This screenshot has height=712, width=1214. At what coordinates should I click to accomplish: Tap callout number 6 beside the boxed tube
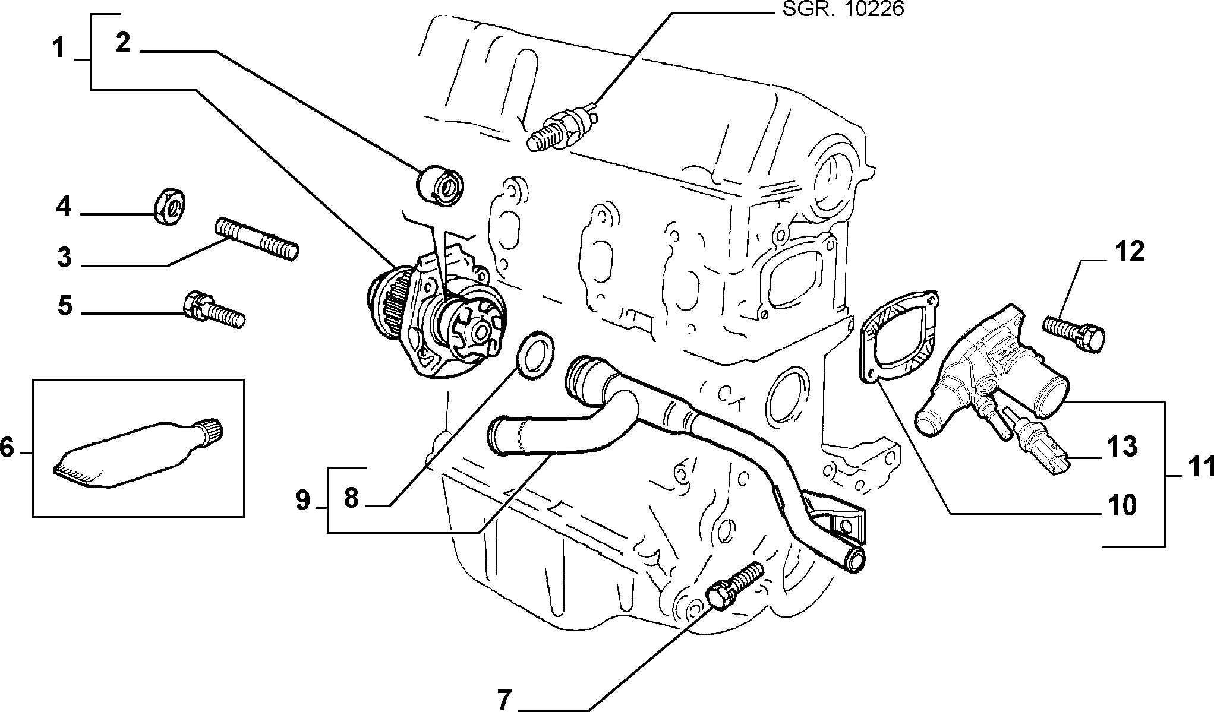(7, 448)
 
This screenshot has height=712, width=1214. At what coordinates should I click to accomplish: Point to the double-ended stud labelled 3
(256, 239)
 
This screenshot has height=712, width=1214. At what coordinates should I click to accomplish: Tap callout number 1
(58, 48)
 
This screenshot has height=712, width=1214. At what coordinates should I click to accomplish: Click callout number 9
(303, 501)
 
